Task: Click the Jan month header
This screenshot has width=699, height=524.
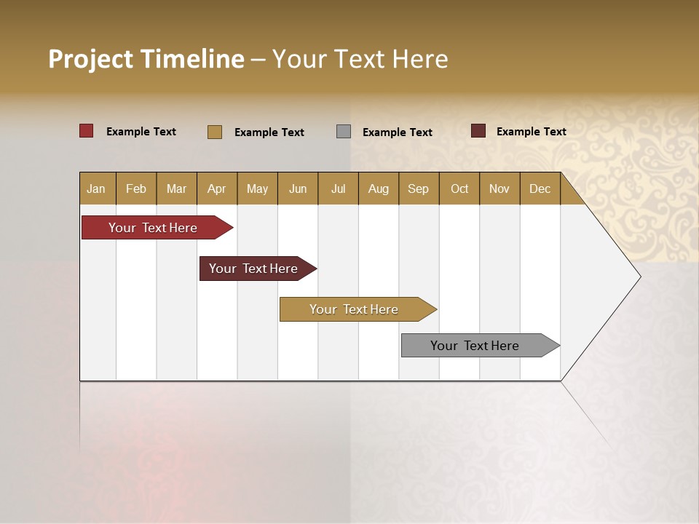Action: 97,188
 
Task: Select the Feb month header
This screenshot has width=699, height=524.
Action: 136,188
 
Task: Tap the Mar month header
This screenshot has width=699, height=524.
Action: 176,188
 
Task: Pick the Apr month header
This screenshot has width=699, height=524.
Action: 217,188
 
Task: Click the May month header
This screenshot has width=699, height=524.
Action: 257,188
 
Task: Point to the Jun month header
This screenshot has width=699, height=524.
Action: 298,188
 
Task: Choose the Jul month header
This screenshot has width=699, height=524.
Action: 338,188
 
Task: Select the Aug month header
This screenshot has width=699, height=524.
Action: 379,188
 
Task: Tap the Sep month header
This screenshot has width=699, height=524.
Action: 419,188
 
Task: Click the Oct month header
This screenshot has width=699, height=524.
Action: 459,188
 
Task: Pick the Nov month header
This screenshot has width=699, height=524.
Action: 499,188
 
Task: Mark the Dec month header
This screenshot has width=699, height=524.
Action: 540,188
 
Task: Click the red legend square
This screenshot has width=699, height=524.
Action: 87,131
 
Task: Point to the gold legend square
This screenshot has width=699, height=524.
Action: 215,132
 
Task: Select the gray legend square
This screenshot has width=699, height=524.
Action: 344,131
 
